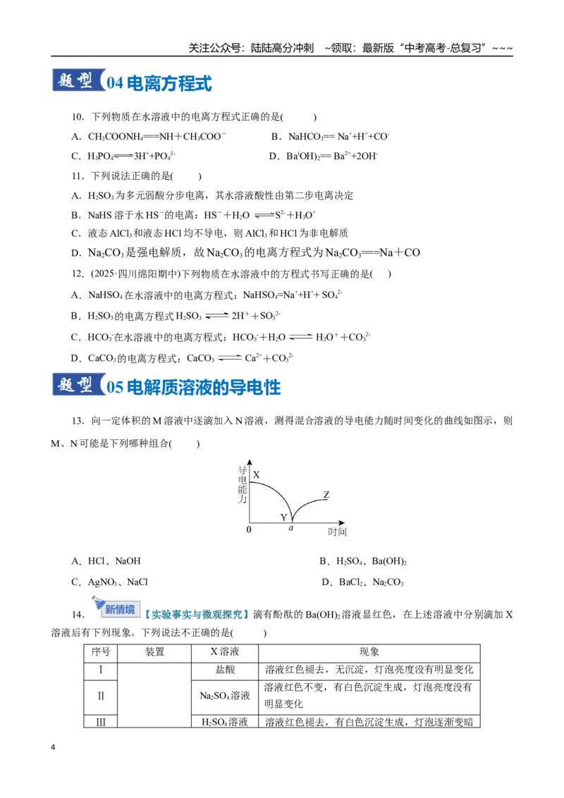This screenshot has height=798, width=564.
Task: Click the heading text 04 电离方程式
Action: point(159,83)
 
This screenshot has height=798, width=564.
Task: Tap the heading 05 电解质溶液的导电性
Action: point(193,387)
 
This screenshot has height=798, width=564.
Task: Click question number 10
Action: point(78,117)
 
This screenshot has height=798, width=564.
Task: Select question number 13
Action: point(78,421)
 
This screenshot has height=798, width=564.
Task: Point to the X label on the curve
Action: point(256,474)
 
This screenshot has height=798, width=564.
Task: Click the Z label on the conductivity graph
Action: point(326,495)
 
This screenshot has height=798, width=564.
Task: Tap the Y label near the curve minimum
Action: point(283,517)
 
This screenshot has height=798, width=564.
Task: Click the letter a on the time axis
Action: point(291,528)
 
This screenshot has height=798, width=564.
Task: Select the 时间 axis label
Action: point(337,532)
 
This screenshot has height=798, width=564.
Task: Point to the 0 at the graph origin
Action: point(249,530)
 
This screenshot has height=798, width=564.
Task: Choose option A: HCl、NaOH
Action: point(106,561)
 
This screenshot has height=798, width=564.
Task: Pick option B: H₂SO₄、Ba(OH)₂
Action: point(363,561)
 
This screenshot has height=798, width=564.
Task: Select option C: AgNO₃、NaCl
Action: point(109,582)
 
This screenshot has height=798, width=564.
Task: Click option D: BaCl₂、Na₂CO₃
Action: point(362,582)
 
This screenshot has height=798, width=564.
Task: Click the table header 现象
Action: point(369,652)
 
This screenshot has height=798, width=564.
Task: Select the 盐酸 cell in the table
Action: point(225,670)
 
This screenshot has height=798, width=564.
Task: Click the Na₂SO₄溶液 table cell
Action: point(225,696)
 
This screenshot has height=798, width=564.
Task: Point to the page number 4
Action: point(53,748)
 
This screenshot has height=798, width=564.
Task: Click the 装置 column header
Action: point(154,652)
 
